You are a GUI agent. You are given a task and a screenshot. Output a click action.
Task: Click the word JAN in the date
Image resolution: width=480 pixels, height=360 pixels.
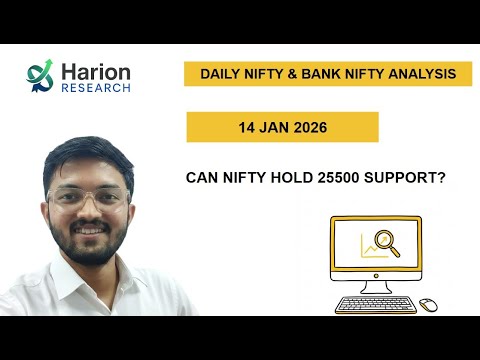coord(274,127)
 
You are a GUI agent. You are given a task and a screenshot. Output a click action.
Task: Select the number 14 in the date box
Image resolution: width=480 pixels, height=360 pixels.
coord(247,127)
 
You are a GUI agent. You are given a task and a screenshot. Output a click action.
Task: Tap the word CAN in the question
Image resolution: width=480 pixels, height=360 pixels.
coord(204,178)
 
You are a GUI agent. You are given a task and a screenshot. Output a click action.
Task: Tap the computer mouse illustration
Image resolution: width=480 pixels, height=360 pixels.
coord(428,304)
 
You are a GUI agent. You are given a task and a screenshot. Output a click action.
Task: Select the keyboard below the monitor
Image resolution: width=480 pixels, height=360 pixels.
coord(376,304)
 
